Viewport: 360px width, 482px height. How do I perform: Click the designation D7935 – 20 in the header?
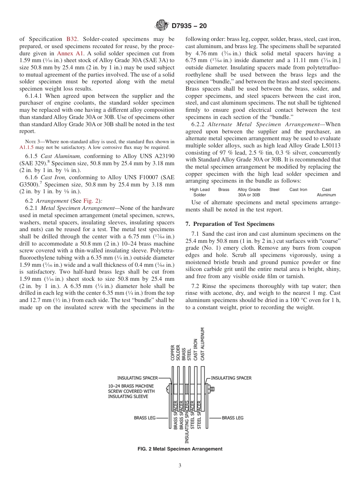pos(189,26)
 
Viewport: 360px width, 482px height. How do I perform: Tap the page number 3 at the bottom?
pos(180,466)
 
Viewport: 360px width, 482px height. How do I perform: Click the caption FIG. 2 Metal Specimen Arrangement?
pos(180,449)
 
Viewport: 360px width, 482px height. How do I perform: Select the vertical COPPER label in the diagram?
pos(173,353)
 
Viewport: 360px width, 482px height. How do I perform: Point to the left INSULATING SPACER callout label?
pos(137,378)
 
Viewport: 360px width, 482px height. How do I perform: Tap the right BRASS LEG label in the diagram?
pos(233,418)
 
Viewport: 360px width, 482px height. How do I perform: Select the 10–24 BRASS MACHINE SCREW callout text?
pos(131,391)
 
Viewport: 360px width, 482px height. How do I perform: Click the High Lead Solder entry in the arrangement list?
pos(199,192)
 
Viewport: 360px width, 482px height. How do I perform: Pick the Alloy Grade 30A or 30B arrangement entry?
pos(249,192)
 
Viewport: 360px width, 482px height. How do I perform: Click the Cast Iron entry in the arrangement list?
pos(298,189)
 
